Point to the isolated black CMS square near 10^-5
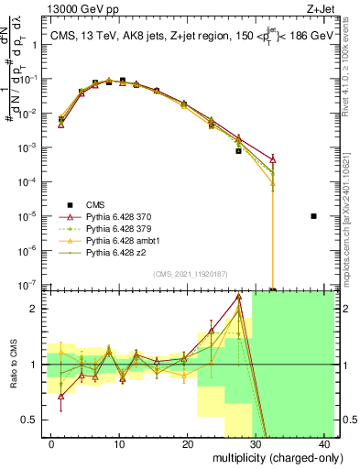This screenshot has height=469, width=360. click(x=313, y=216)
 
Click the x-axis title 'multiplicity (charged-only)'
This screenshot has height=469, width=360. click(x=266, y=456)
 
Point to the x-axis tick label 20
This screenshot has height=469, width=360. click(x=188, y=442)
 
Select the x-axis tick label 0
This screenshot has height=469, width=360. click(x=51, y=442)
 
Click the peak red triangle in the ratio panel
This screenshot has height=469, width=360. click(x=238, y=297)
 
